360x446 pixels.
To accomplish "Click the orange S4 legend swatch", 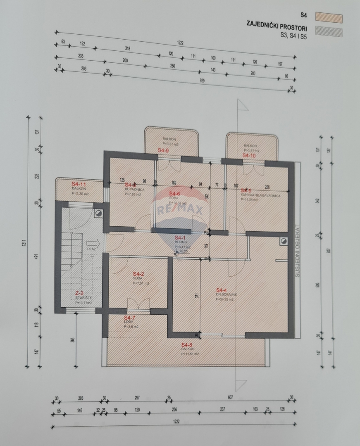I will [x=329, y=17].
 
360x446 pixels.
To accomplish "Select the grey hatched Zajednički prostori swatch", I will [x=329, y=31].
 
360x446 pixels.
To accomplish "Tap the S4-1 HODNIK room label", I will [x=179, y=238].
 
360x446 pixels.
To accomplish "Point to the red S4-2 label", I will [x=138, y=274].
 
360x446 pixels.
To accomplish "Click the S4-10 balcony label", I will [x=249, y=156].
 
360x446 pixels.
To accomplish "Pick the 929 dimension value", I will [x=202, y=81].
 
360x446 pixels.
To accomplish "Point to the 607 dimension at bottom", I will [x=230, y=397].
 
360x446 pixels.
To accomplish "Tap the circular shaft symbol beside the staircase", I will [x=99, y=213].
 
